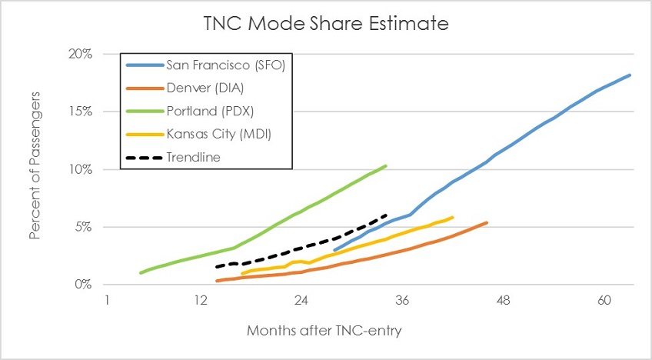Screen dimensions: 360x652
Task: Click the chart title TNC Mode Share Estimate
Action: pos(326,24)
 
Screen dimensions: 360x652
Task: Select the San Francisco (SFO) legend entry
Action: pos(226,65)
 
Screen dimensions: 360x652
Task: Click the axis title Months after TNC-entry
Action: pos(324,331)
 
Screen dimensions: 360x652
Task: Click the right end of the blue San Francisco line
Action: pos(630,75)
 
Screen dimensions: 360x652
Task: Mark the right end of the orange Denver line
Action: pos(487,222)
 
